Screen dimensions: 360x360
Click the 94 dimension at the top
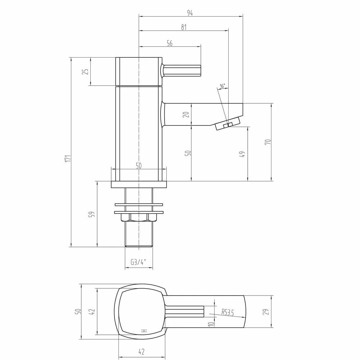coord(190,13)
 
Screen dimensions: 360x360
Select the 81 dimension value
coord(184,28)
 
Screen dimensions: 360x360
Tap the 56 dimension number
coord(170,44)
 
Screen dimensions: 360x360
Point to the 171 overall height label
coord(67,159)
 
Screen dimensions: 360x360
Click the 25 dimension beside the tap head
coord(86,71)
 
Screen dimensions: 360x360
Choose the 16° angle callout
coord(222,86)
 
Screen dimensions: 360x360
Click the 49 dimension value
coord(243,154)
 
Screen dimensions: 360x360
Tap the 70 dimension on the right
coord(267,142)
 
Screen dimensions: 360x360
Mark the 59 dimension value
coord(93,214)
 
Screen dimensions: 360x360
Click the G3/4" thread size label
coord(139,262)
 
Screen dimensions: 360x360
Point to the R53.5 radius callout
coord(228,312)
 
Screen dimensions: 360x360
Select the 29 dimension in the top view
coord(266,312)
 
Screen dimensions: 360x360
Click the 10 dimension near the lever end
coord(212,323)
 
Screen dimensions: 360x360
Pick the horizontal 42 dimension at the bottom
coord(141,352)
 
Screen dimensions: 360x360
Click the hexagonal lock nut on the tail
coord(139,217)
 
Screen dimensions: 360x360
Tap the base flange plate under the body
coord(139,185)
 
